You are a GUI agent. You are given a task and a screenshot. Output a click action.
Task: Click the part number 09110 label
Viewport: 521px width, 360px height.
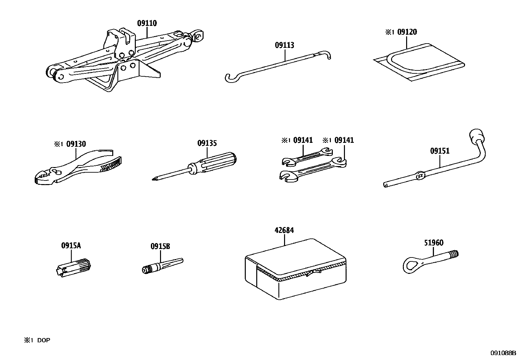tap(147, 23)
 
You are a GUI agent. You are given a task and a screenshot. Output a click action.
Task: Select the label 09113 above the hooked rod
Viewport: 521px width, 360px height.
tap(284, 45)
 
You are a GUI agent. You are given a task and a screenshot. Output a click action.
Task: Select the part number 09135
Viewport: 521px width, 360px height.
tap(207, 143)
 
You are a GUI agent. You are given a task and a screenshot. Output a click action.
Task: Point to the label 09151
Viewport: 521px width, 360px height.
tap(440, 151)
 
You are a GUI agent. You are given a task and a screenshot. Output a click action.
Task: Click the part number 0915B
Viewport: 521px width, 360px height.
tap(160, 246)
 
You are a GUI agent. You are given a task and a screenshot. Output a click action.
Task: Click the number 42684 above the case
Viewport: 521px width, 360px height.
tap(284, 230)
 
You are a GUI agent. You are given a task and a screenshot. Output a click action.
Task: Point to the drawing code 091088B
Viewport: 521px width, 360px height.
tap(503, 353)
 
